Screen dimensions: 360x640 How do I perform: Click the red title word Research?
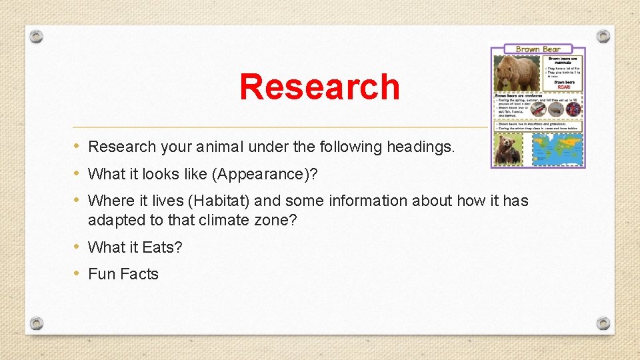pyautogui.click(x=319, y=87)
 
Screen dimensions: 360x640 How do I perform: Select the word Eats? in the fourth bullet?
pyautogui.click(x=162, y=247)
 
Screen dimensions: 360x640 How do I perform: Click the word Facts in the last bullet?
pyautogui.click(x=139, y=274)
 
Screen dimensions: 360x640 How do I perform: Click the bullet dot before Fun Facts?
pyautogui.click(x=77, y=273)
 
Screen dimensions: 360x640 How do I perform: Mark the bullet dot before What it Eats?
pyautogui.click(x=77, y=247)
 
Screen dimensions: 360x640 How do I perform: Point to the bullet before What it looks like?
pyautogui.click(x=77, y=173)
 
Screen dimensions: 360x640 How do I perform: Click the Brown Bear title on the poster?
pyautogui.click(x=538, y=49)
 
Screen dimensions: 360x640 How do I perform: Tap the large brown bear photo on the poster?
pyautogui.click(x=517, y=73)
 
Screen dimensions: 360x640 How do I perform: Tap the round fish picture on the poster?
pyautogui.click(x=538, y=109)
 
